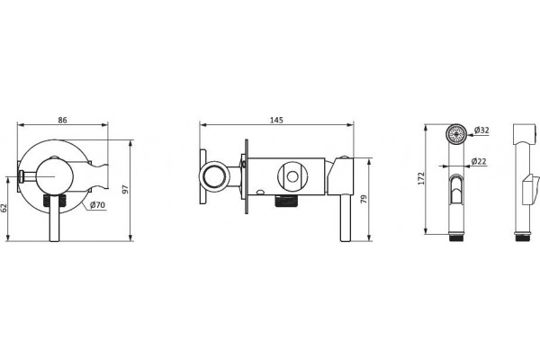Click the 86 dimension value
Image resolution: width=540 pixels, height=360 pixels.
[x=62, y=120]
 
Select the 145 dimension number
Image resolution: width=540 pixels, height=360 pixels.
[x=276, y=120]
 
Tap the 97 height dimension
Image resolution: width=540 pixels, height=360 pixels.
[x=125, y=189]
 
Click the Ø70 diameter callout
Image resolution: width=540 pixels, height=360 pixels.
[x=97, y=205]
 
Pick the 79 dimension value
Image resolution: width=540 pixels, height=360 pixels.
[x=364, y=199]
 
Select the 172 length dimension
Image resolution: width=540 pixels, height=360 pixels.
[x=421, y=178]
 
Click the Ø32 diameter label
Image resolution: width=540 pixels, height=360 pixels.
[x=481, y=130]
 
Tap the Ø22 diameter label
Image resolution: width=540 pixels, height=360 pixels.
[x=479, y=161]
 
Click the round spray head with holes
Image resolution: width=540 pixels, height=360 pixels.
[x=456, y=133]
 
